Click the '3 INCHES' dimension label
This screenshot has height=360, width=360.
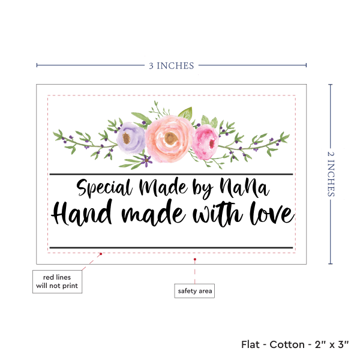[172, 65]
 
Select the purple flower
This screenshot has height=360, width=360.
[130, 138]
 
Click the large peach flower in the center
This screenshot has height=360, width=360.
[169, 138]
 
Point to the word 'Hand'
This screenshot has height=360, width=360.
[82, 213]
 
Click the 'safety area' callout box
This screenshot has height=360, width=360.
[194, 292]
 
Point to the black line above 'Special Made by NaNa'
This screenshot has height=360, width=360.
[171, 174]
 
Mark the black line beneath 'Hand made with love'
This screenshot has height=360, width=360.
[171, 247]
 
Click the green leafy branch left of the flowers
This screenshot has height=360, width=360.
[84, 139]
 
